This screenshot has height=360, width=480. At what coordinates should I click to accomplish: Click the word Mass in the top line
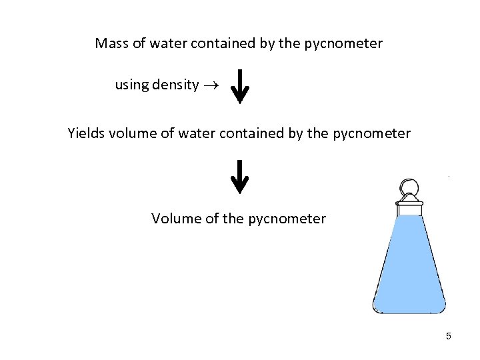click(x=111, y=44)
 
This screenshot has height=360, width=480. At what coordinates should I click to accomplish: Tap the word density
click(x=175, y=85)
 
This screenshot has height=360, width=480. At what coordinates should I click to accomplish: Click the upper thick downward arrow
click(x=240, y=87)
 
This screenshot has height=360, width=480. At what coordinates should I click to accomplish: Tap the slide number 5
click(x=449, y=336)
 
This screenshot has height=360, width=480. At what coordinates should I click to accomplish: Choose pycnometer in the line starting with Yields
click(x=372, y=134)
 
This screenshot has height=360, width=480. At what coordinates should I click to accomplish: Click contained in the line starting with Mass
click(x=224, y=44)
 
